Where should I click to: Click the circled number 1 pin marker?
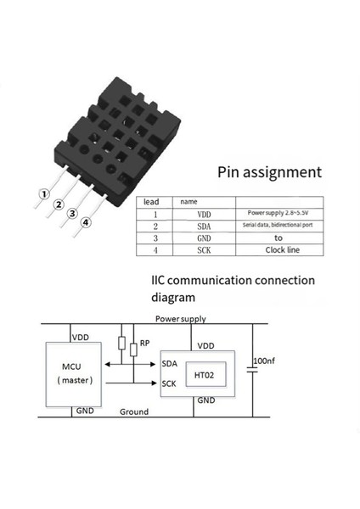tap(42, 194)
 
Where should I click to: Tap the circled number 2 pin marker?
tap(59, 204)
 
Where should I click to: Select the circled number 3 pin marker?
tap(73, 214)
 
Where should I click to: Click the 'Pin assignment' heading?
tap(269, 172)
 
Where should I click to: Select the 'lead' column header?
tap(152, 202)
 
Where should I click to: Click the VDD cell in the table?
tap(203, 215)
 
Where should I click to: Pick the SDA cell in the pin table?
tap(203, 227)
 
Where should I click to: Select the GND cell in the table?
tap(203, 238)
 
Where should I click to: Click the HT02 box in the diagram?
tap(207, 374)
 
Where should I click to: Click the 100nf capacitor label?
tap(265, 361)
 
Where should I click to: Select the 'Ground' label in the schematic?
tap(133, 411)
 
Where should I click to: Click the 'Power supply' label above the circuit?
tap(180, 319)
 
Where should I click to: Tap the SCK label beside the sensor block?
tap(168, 383)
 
